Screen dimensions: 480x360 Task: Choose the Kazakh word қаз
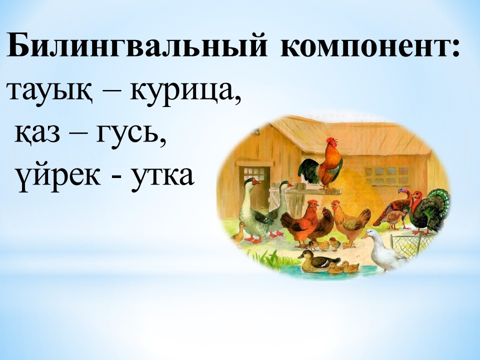(x=37, y=134)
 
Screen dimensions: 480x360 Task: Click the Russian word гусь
(x=131, y=135)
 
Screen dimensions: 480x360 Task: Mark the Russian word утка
(x=162, y=177)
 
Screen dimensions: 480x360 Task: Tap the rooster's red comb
(x=330, y=139)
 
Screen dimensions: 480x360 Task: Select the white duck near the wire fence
(x=383, y=249)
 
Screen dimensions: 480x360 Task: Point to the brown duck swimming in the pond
(x=317, y=261)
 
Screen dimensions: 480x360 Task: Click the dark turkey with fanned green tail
(x=428, y=211)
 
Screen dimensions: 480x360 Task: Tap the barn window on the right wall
(x=387, y=176)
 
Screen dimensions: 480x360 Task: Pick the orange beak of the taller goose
(x=256, y=182)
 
